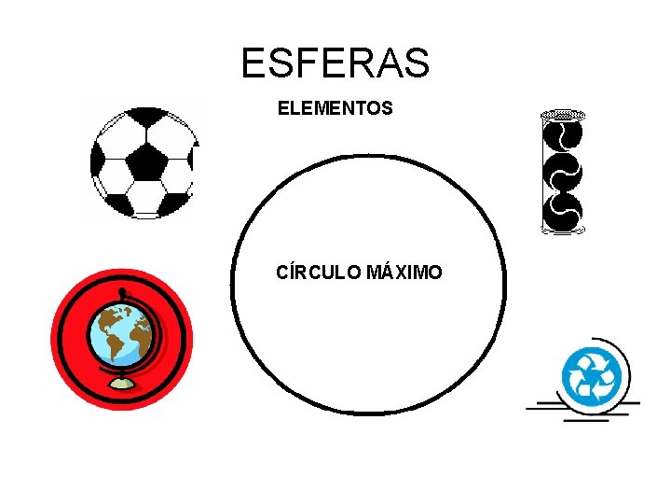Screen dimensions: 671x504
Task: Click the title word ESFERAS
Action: pos(335,63)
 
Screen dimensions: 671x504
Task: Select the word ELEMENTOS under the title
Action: pos(335,109)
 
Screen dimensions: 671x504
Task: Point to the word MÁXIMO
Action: pos(404,273)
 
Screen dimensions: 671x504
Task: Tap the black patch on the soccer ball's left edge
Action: pos(97,166)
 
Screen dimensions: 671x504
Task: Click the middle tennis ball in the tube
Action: pos(563,173)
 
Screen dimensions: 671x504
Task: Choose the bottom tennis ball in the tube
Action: pos(563,211)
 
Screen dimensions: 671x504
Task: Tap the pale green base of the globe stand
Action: pos(121,384)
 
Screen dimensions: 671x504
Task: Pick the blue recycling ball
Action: pos(591,375)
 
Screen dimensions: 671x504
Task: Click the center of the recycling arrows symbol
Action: pos(591,376)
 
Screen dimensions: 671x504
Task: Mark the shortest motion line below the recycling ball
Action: pos(585,419)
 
